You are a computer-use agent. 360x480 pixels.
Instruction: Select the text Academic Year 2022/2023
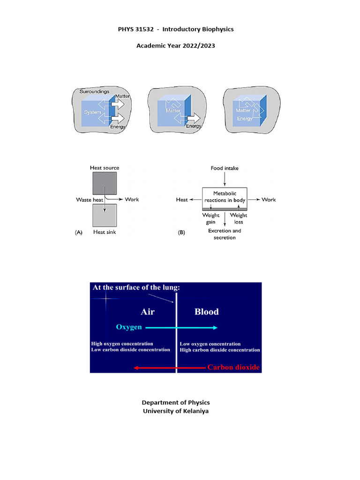[x=175, y=46]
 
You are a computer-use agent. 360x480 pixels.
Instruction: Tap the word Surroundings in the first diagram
[x=94, y=91]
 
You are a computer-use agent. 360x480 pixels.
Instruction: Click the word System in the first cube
[x=92, y=112]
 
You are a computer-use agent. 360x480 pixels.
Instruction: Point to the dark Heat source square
[x=105, y=184]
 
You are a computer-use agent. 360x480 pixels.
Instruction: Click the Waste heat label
[x=90, y=199]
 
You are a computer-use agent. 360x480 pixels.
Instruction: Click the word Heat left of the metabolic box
[x=182, y=200]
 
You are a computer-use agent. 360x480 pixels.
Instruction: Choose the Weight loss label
[x=239, y=218]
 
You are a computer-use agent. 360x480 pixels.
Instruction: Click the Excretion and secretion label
[x=225, y=234]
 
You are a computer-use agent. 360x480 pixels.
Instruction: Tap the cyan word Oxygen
[x=129, y=327]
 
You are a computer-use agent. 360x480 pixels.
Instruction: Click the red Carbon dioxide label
[x=233, y=367]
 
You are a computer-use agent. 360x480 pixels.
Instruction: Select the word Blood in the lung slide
[x=206, y=312]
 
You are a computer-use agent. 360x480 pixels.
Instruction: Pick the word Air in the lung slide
[x=148, y=312]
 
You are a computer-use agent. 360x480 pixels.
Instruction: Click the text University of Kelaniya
[x=176, y=411]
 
